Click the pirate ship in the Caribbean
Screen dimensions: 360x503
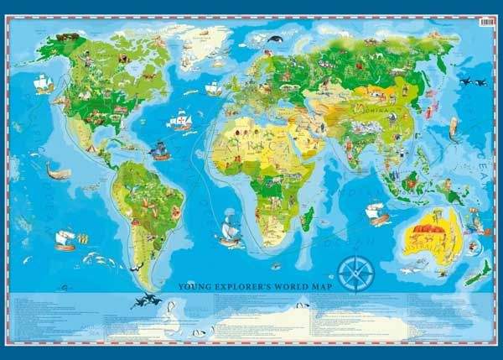[159, 151]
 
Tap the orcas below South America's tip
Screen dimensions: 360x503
[149, 299]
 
